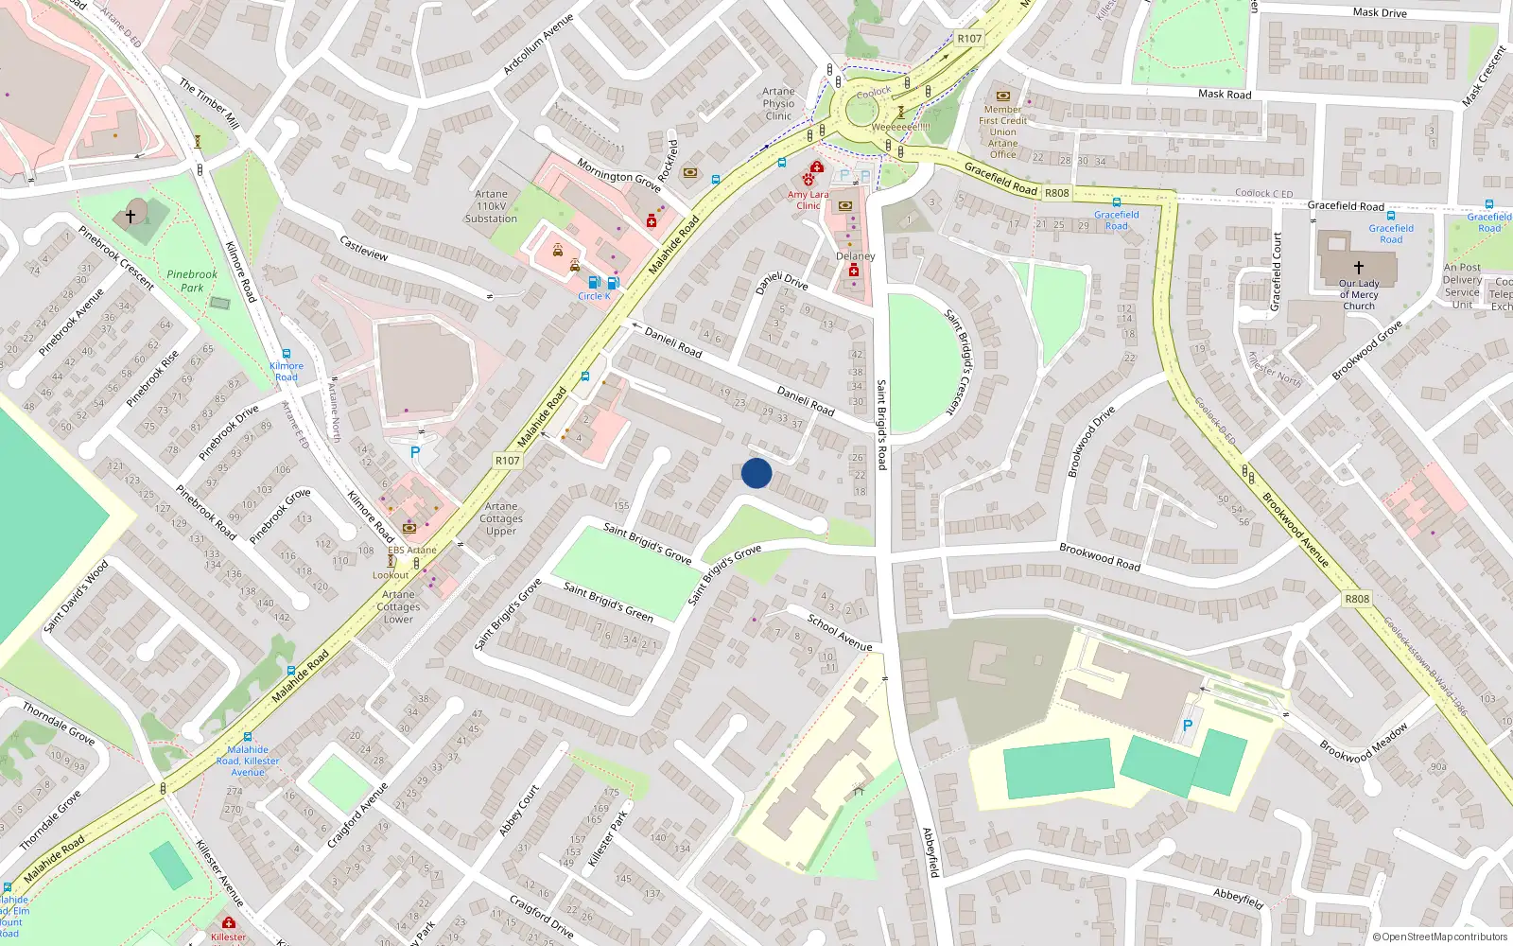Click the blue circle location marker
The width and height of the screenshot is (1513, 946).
click(756, 473)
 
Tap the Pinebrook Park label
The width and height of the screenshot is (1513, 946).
click(192, 281)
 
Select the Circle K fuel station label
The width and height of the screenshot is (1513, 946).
click(595, 296)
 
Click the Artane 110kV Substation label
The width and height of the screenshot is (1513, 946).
click(491, 206)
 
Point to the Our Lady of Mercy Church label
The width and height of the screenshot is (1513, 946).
click(1359, 294)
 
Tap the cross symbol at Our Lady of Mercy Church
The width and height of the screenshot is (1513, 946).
click(1358, 268)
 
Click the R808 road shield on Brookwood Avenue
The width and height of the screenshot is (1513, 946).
click(1357, 599)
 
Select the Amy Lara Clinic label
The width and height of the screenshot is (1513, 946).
click(808, 200)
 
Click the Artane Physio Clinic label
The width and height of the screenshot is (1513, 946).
click(778, 104)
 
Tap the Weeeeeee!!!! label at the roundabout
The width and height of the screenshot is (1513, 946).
click(900, 127)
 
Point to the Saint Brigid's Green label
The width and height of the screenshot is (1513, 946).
click(608, 602)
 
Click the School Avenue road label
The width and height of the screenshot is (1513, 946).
click(840, 632)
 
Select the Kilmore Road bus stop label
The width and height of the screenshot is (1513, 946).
click(287, 371)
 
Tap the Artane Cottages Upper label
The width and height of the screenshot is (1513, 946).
click(501, 518)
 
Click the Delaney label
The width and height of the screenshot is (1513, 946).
click(855, 256)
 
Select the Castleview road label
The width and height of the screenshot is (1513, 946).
click(364, 249)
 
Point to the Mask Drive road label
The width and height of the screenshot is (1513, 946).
click(1380, 12)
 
